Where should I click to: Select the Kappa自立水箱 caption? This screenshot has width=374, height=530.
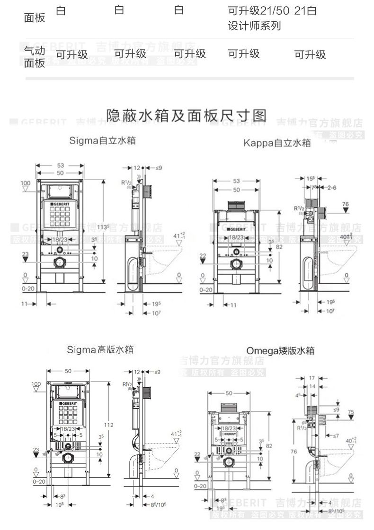pyautogui.click(x=277, y=142)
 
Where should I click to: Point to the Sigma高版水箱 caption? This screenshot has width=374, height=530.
pyautogui.click(x=100, y=350)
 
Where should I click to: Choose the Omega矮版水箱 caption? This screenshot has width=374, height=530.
pyautogui.click(x=280, y=351)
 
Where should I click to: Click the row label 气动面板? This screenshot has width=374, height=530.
pyautogui.click(x=35, y=56)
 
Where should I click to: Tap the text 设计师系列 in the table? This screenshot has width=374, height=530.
pyautogui.click(x=254, y=26)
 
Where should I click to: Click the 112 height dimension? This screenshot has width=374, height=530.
pyautogui.click(x=109, y=425)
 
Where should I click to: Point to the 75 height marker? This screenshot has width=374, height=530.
pyautogui.click(x=350, y=412)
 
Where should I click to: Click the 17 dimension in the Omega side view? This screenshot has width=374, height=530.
pyautogui.click(x=312, y=378)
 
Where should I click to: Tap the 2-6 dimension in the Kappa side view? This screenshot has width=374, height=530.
pyautogui.click(x=333, y=188)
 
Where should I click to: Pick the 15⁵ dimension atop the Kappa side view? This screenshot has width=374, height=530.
pyautogui.click(x=311, y=178)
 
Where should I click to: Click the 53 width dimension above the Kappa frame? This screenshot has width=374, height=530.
pyautogui.click(x=236, y=181)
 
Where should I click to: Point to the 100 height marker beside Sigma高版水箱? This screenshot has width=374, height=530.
pyautogui.click(x=36, y=383)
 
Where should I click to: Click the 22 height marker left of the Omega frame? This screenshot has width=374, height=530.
pyautogui.click(x=198, y=454)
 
